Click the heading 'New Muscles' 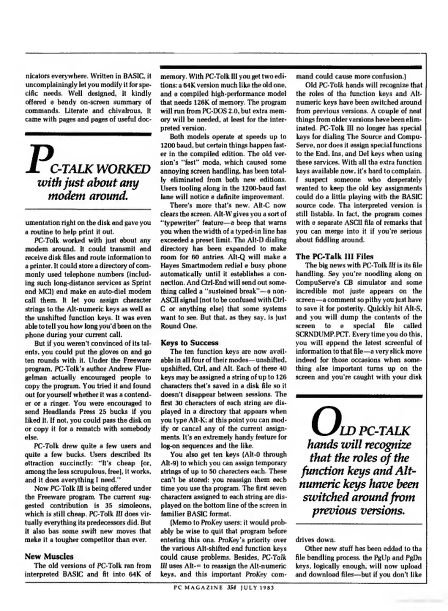[49, 557]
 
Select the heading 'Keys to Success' [189, 343]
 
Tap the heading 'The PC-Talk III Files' [334, 257]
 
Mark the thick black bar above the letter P [88, 134]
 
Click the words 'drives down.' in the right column [315, 540]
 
